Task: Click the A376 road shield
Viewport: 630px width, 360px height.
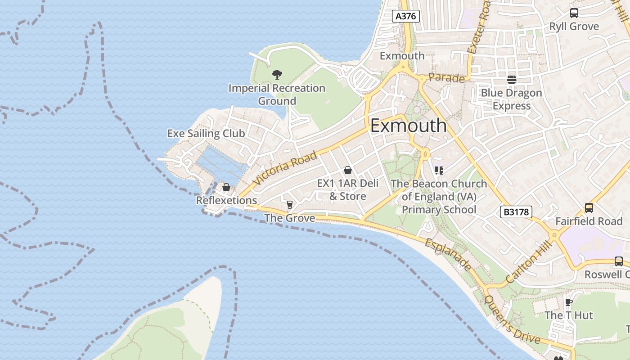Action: (x=406, y=16)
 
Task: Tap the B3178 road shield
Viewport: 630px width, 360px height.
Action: (x=516, y=212)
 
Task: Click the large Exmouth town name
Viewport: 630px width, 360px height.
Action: (x=409, y=126)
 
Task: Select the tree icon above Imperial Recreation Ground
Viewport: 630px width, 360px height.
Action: (x=277, y=74)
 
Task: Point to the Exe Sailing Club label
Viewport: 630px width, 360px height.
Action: (x=206, y=133)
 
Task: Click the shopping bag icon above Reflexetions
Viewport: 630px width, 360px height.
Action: (x=226, y=187)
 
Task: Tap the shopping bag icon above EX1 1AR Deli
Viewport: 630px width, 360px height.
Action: (x=347, y=170)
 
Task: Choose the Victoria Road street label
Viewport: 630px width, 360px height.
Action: (x=285, y=169)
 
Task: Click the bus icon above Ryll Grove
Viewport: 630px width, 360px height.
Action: (x=574, y=13)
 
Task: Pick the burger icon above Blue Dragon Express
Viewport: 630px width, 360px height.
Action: (x=512, y=80)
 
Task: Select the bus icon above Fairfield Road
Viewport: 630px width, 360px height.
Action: (x=589, y=208)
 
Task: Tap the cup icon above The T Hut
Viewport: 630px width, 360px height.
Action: (x=568, y=301)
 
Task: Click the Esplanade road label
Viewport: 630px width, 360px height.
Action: (x=449, y=255)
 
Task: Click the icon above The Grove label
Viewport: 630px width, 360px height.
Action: (x=289, y=205)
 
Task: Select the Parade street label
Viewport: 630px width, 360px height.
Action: (x=446, y=78)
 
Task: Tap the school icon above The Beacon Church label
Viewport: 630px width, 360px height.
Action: (x=439, y=170)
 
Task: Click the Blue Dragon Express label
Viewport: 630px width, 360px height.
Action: (x=512, y=99)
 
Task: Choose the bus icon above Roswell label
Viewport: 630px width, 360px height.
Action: (x=619, y=261)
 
